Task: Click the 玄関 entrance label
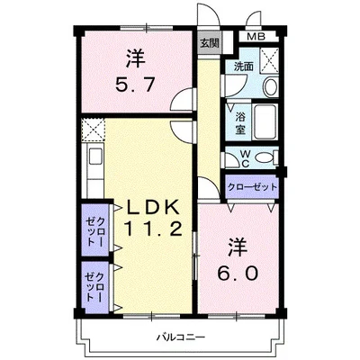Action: pyautogui.click(x=210, y=43)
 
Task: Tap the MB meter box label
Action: pyautogui.click(x=256, y=37)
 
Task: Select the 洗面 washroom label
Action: pyautogui.click(x=244, y=67)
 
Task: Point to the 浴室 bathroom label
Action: pyautogui.click(x=240, y=122)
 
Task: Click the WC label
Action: pyautogui.click(x=246, y=158)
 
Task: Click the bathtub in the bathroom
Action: pyautogui.click(x=265, y=121)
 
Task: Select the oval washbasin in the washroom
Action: pyautogui.click(x=271, y=87)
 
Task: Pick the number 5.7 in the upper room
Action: pyautogui.click(x=135, y=85)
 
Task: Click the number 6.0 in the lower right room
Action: pyautogui.click(x=238, y=274)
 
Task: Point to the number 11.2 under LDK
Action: pyautogui.click(x=153, y=229)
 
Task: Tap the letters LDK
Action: pyautogui.click(x=153, y=208)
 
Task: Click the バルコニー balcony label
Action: pyautogui.click(x=181, y=337)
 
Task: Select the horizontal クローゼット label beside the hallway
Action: pyautogui.click(x=252, y=187)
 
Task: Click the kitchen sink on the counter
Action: pyautogui.click(x=95, y=157)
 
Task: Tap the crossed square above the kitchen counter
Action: pyautogui.click(x=94, y=130)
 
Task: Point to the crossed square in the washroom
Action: pyautogui.click(x=269, y=60)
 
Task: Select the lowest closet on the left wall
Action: pyautogui.click(x=95, y=287)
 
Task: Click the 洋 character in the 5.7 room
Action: pyautogui.click(x=136, y=59)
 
